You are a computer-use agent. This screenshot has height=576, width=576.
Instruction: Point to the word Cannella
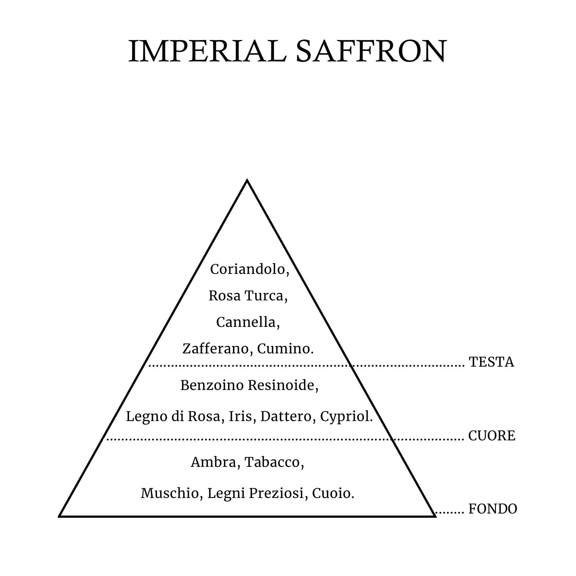[x=247, y=322]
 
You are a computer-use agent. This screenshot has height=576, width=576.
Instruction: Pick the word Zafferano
[x=217, y=348]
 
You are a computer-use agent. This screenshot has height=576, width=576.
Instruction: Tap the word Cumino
[x=284, y=348]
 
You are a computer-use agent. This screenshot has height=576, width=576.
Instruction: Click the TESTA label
[x=491, y=362]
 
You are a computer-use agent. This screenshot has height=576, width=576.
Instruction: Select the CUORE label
[x=492, y=436]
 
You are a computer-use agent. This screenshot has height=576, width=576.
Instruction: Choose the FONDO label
[x=492, y=509]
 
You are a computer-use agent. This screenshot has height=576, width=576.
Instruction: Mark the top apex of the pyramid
[x=247, y=180]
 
